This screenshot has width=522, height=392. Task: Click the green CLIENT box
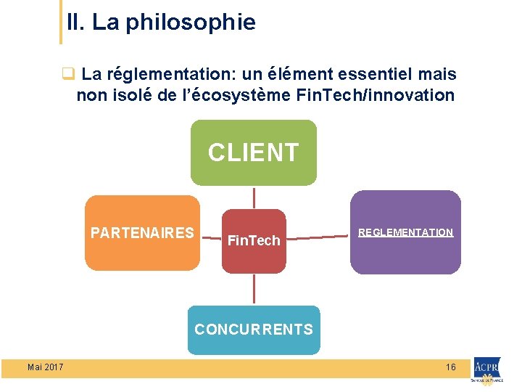254,153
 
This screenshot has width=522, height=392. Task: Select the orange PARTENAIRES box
142,233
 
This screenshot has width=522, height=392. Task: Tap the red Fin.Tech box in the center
254,241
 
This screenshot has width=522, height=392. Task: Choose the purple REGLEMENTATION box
405,232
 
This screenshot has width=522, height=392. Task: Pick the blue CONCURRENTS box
254,330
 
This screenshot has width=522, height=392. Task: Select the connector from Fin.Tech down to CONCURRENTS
254,289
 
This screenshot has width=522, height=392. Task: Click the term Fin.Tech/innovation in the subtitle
376,95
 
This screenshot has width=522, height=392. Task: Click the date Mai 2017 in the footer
45,367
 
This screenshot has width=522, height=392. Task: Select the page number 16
451,367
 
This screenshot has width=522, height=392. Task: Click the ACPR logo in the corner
487,369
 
